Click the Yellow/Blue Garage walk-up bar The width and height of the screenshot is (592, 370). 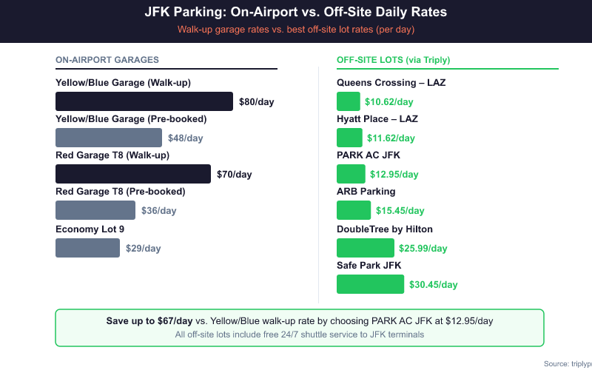click(x=144, y=101)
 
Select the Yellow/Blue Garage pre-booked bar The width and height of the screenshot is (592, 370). click(x=109, y=138)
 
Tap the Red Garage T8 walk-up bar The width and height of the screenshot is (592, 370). click(x=133, y=174)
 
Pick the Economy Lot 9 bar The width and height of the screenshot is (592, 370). click(x=87, y=248)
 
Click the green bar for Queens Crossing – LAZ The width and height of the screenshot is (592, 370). click(x=348, y=101)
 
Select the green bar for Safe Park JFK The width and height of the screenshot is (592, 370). click(x=370, y=284)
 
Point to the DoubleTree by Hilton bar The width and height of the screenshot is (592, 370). click(x=365, y=248)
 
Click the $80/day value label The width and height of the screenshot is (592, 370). click(x=256, y=102)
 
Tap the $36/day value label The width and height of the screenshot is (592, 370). click(x=159, y=211)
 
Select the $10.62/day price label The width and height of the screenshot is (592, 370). click(x=388, y=102)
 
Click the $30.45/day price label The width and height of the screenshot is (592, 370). click(x=433, y=284)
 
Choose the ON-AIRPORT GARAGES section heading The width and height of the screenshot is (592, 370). click(x=107, y=60)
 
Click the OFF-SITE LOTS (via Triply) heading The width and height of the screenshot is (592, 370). click(x=393, y=60)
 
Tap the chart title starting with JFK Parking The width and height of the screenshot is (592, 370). click(x=296, y=13)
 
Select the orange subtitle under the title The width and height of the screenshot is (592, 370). click(x=296, y=30)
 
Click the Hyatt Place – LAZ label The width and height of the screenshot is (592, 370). click(x=377, y=119)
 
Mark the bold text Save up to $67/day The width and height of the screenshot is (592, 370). click(x=149, y=321)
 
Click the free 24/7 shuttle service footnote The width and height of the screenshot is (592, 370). click(x=299, y=334)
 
